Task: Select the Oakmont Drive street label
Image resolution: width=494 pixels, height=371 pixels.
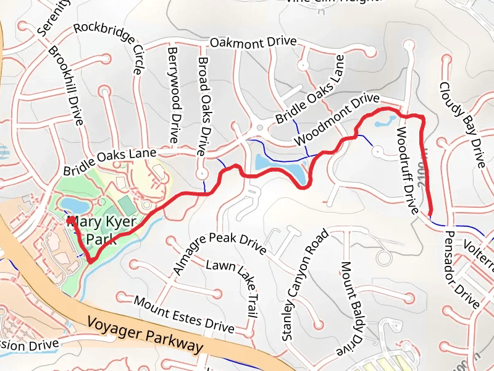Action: tap(253, 43)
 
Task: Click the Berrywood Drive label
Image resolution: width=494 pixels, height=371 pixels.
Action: tap(174, 94)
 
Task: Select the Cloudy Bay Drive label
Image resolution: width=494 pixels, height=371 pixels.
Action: tap(463, 124)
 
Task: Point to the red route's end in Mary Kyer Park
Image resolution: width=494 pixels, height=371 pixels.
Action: tap(70, 220)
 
